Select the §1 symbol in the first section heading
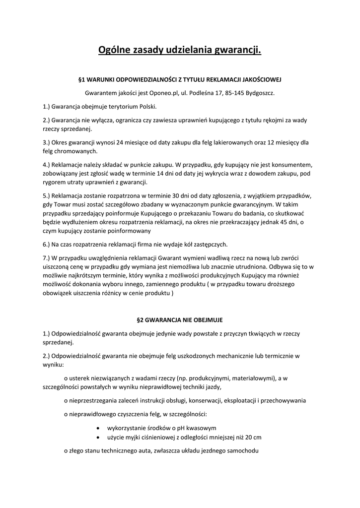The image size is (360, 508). pos(82,79)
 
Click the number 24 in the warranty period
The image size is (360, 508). pos(121,142)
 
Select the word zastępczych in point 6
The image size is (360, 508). pos(210,244)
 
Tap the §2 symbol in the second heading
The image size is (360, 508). pos(140,320)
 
